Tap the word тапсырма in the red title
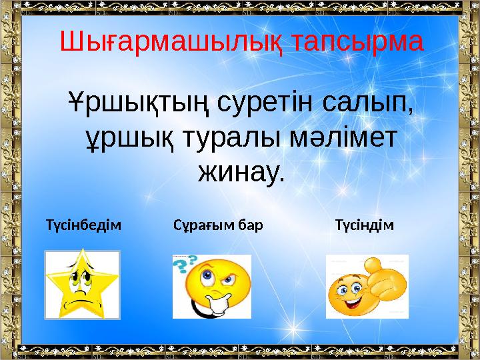[357, 42]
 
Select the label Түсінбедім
[84, 225]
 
